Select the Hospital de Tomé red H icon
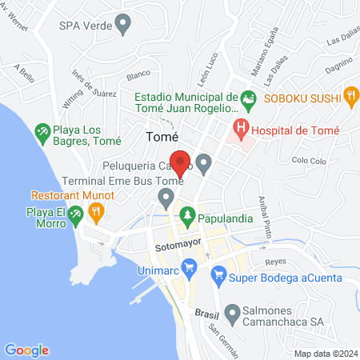239,126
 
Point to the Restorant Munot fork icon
96,212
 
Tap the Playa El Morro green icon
74,214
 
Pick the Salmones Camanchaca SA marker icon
232,312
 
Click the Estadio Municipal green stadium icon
248,99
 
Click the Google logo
26,350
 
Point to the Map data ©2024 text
325,353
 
